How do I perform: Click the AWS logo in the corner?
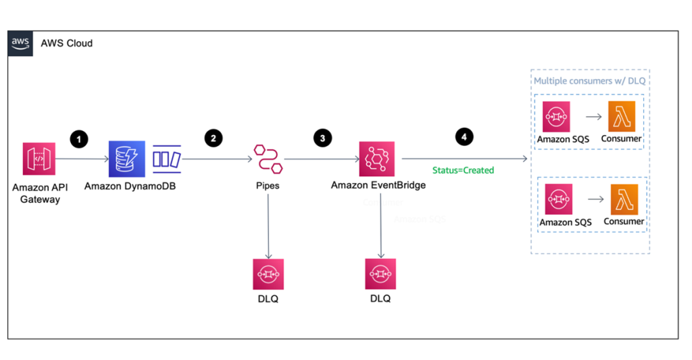point(20,43)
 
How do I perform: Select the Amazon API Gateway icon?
point(39,159)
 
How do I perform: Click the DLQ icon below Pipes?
point(268,274)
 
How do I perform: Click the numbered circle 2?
point(214,138)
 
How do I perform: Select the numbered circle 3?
point(322,138)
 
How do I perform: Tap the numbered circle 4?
point(463,136)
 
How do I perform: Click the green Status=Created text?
point(463,170)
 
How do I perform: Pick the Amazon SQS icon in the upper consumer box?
point(556,117)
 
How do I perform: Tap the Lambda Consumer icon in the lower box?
point(624,199)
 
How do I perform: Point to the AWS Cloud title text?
point(66,43)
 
